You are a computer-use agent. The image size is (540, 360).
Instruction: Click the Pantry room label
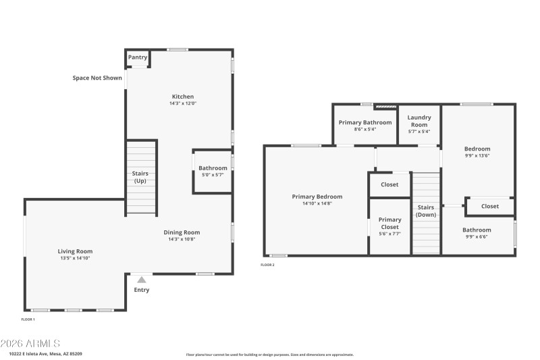pyautogui.click(x=138, y=57)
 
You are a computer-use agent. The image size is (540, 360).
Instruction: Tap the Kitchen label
pyautogui.click(x=182, y=97)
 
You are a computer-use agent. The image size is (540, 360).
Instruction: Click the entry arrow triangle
pyautogui.click(x=142, y=278)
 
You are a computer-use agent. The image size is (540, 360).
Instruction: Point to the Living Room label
pyautogui.click(x=74, y=251)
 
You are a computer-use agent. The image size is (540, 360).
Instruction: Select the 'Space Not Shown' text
pyautogui.click(x=97, y=78)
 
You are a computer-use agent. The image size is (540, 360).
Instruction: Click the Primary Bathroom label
pyautogui.click(x=365, y=122)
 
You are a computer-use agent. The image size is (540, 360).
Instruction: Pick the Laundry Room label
pyautogui.click(x=419, y=121)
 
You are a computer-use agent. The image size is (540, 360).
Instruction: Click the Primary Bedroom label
pyautogui.click(x=317, y=197)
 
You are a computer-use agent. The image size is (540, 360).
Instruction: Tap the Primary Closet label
pyautogui.click(x=389, y=223)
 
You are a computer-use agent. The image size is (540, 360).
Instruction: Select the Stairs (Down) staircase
pyautogui.click(x=426, y=213)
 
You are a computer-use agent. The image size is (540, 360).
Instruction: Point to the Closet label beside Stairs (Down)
pyautogui.click(x=389, y=184)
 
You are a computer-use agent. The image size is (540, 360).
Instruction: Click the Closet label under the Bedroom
pyautogui.click(x=491, y=206)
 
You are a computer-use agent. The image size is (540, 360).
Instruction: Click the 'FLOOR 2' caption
pyautogui.click(x=268, y=265)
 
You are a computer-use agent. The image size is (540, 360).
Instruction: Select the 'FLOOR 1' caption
pyautogui.click(x=28, y=319)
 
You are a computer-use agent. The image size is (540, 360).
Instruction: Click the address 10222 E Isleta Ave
pyautogui.click(x=46, y=353)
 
